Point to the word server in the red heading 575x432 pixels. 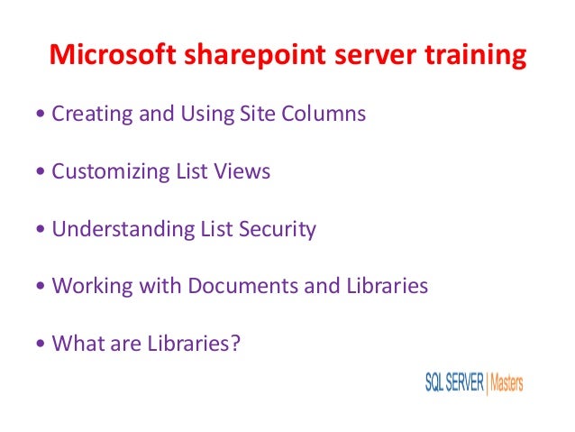click(364, 56)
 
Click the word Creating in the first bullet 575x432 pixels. click(88, 115)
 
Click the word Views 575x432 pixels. click(244, 171)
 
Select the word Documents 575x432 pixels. click(242, 286)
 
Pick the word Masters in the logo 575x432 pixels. click(506, 382)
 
